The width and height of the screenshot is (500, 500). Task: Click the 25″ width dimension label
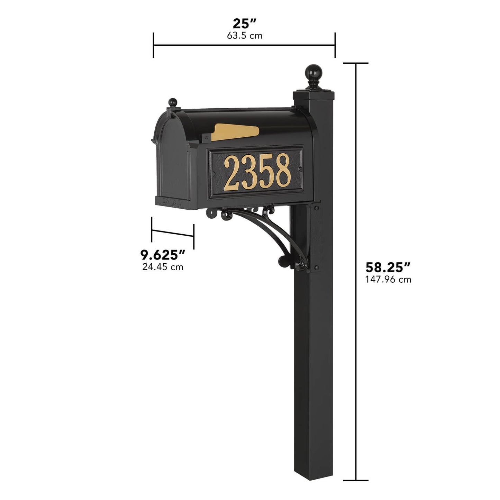tap(244, 24)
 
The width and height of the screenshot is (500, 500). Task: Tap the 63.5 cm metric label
tap(244, 36)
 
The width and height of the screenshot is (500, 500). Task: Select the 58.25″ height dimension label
tap(388, 267)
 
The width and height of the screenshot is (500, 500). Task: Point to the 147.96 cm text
tap(388, 280)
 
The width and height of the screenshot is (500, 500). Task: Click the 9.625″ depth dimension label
tap(163, 255)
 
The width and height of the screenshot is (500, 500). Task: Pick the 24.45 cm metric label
tap(163, 267)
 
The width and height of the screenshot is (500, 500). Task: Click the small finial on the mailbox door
tap(172, 102)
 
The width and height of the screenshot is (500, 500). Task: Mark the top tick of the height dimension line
tap(356, 63)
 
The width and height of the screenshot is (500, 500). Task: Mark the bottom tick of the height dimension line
tap(356, 480)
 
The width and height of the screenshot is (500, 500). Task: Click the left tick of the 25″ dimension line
tap(153, 45)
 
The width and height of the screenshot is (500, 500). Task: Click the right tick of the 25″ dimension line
tap(335, 45)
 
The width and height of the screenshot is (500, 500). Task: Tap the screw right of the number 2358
tap(300, 169)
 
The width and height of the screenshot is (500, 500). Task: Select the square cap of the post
tap(314, 93)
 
